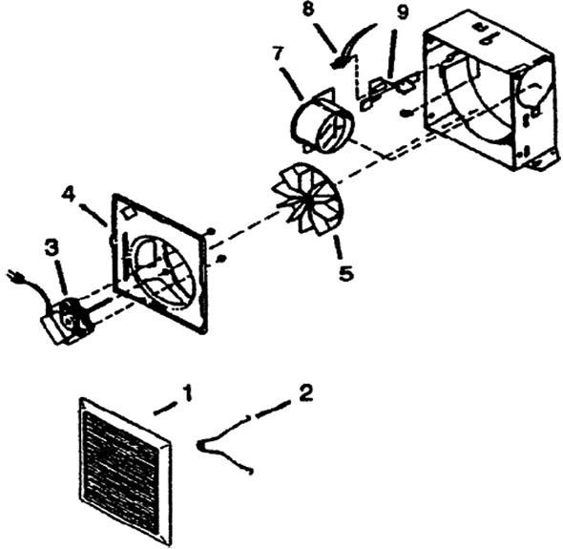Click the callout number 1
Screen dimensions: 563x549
(x=186, y=393)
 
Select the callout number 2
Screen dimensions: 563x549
(x=305, y=392)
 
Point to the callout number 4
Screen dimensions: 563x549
(x=68, y=195)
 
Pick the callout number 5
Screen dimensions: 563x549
(x=345, y=273)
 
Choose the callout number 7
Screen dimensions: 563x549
(x=278, y=54)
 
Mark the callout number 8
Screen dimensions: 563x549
(x=308, y=9)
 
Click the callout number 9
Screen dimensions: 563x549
(x=403, y=12)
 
